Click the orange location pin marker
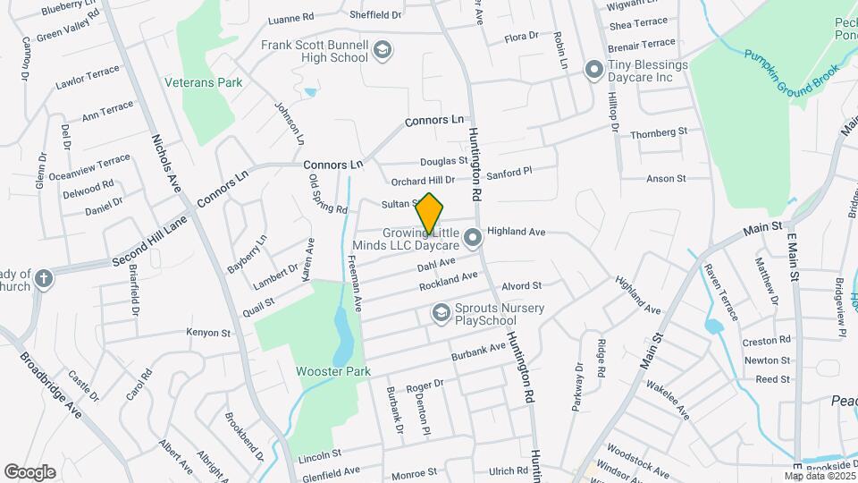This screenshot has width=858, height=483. coord(429,214)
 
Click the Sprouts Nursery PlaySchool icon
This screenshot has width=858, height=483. coord(440,313)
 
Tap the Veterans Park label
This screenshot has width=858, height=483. coord(204,82)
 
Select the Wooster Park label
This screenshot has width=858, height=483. coord(332,370)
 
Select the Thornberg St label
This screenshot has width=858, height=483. coord(658,132)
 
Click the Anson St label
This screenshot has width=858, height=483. coord(665,179)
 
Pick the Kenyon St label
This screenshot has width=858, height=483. coord(208,333)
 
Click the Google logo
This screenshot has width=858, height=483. coord(29,471)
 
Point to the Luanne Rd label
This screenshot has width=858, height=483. coord(291,17)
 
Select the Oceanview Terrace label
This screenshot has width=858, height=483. coord(89,168)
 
